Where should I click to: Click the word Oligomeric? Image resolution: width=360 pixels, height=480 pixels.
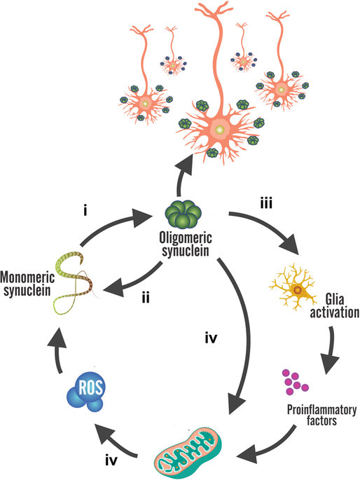pos(186,238)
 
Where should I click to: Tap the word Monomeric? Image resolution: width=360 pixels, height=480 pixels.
pos(27,277)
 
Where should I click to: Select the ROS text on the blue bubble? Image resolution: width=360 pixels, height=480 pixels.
pos(91,388)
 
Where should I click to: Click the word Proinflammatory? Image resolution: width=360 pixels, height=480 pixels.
pos(321,410)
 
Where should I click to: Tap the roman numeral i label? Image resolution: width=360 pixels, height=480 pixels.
pos(85,211)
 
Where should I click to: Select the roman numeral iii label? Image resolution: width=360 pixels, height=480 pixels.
pos(266,203)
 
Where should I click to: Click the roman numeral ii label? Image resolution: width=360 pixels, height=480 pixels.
pos(146,297)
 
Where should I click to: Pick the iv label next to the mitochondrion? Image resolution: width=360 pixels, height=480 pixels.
pos(111,460)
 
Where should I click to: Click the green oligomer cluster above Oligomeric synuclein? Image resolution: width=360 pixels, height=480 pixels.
pos(184,215)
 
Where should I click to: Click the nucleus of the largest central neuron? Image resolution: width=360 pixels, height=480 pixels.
pos(219,130)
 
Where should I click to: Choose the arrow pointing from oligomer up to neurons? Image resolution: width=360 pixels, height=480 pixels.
pos(181,177)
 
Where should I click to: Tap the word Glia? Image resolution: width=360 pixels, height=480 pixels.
pos(335,299)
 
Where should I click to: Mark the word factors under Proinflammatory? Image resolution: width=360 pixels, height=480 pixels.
pos(321,420)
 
